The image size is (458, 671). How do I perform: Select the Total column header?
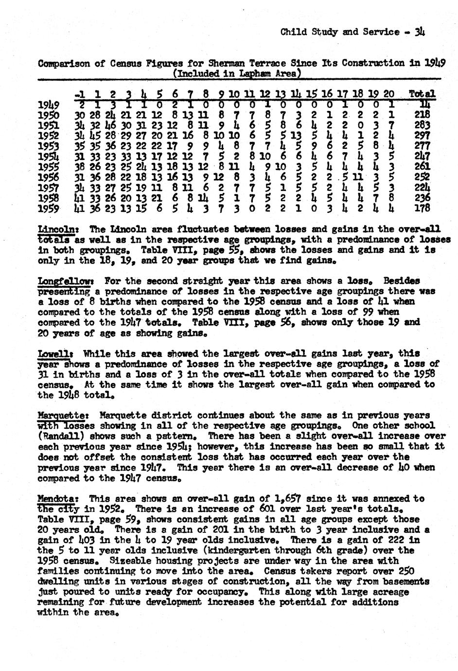(422, 94)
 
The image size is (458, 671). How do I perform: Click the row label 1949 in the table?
(49, 105)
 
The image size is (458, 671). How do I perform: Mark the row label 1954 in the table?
(49, 156)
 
